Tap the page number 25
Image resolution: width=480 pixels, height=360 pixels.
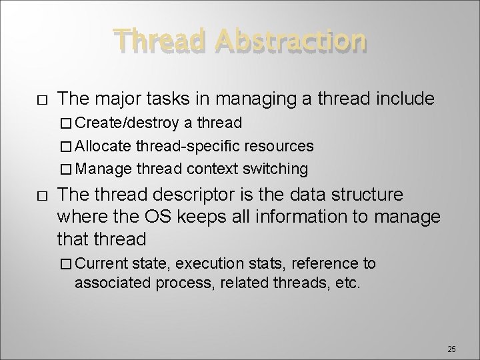[451, 349]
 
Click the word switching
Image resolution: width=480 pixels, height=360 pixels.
[278, 169]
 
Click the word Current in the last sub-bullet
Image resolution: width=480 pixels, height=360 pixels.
[103, 264]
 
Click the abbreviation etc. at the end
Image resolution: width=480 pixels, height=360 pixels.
[349, 283]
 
